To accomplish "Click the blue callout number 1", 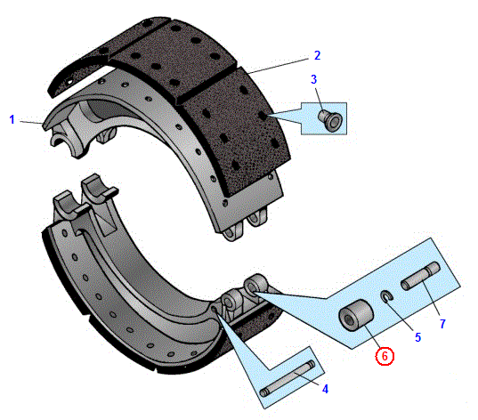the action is click(12, 119).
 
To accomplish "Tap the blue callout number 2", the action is click(318, 55).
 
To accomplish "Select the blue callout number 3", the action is click(313, 79).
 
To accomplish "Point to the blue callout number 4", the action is click(325, 389).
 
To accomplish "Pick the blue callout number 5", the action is click(418, 337).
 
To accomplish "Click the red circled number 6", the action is click(385, 356).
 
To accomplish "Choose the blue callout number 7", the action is click(442, 324).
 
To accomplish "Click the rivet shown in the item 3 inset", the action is click(330, 120).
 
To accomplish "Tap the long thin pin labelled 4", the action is click(288, 379).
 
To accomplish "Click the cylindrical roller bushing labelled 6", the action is click(356, 315).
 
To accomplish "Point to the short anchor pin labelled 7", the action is click(420, 276).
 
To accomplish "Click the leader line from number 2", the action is click(279, 66).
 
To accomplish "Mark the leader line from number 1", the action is click(31, 122).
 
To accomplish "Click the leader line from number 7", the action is click(431, 298).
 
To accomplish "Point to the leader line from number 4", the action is click(307, 379).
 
